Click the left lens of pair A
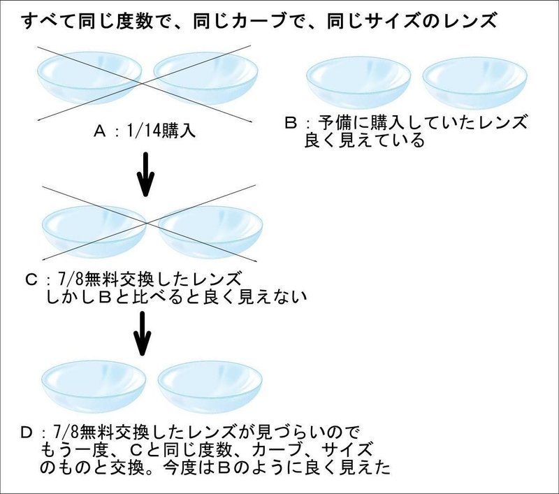[x=89, y=78]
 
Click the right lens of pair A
[x=205, y=78]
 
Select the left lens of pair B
[x=358, y=82]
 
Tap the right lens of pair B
[x=474, y=82]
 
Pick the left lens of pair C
[x=94, y=232]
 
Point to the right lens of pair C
[x=210, y=232]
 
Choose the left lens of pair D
[x=94, y=386]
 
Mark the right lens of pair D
[x=210, y=386]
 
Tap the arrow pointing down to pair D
[x=143, y=333]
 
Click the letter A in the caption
[x=100, y=132]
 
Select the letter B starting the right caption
[x=291, y=123]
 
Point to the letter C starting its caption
[x=31, y=279]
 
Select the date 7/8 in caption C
[x=70, y=279]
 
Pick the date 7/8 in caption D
[x=65, y=433]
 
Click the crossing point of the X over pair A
[x=143, y=83]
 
